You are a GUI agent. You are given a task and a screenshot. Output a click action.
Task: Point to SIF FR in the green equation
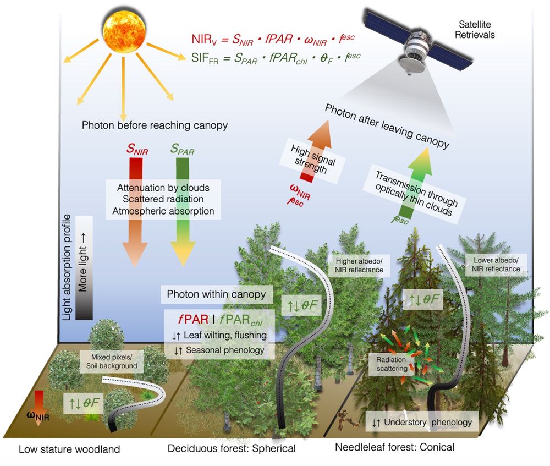pyautogui.click(x=202, y=56)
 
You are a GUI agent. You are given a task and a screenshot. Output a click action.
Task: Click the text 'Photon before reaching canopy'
pyautogui.click(x=155, y=125)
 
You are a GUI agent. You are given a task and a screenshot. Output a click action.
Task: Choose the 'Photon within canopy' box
pyautogui.click(x=216, y=294)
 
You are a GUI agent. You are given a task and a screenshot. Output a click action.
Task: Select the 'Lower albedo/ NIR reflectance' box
pyautogui.click(x=493, y=264)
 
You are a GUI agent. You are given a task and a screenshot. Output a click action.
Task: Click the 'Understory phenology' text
pyautogui.click(x=421, y=423)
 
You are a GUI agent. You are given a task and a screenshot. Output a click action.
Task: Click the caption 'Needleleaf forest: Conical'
pyautogui.click(x=394, y=447)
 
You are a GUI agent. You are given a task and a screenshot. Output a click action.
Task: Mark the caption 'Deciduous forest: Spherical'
pyautogui.click(x=232, y=448)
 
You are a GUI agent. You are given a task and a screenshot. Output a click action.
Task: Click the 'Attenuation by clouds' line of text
pyautogui.click(x=163, y=188)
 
